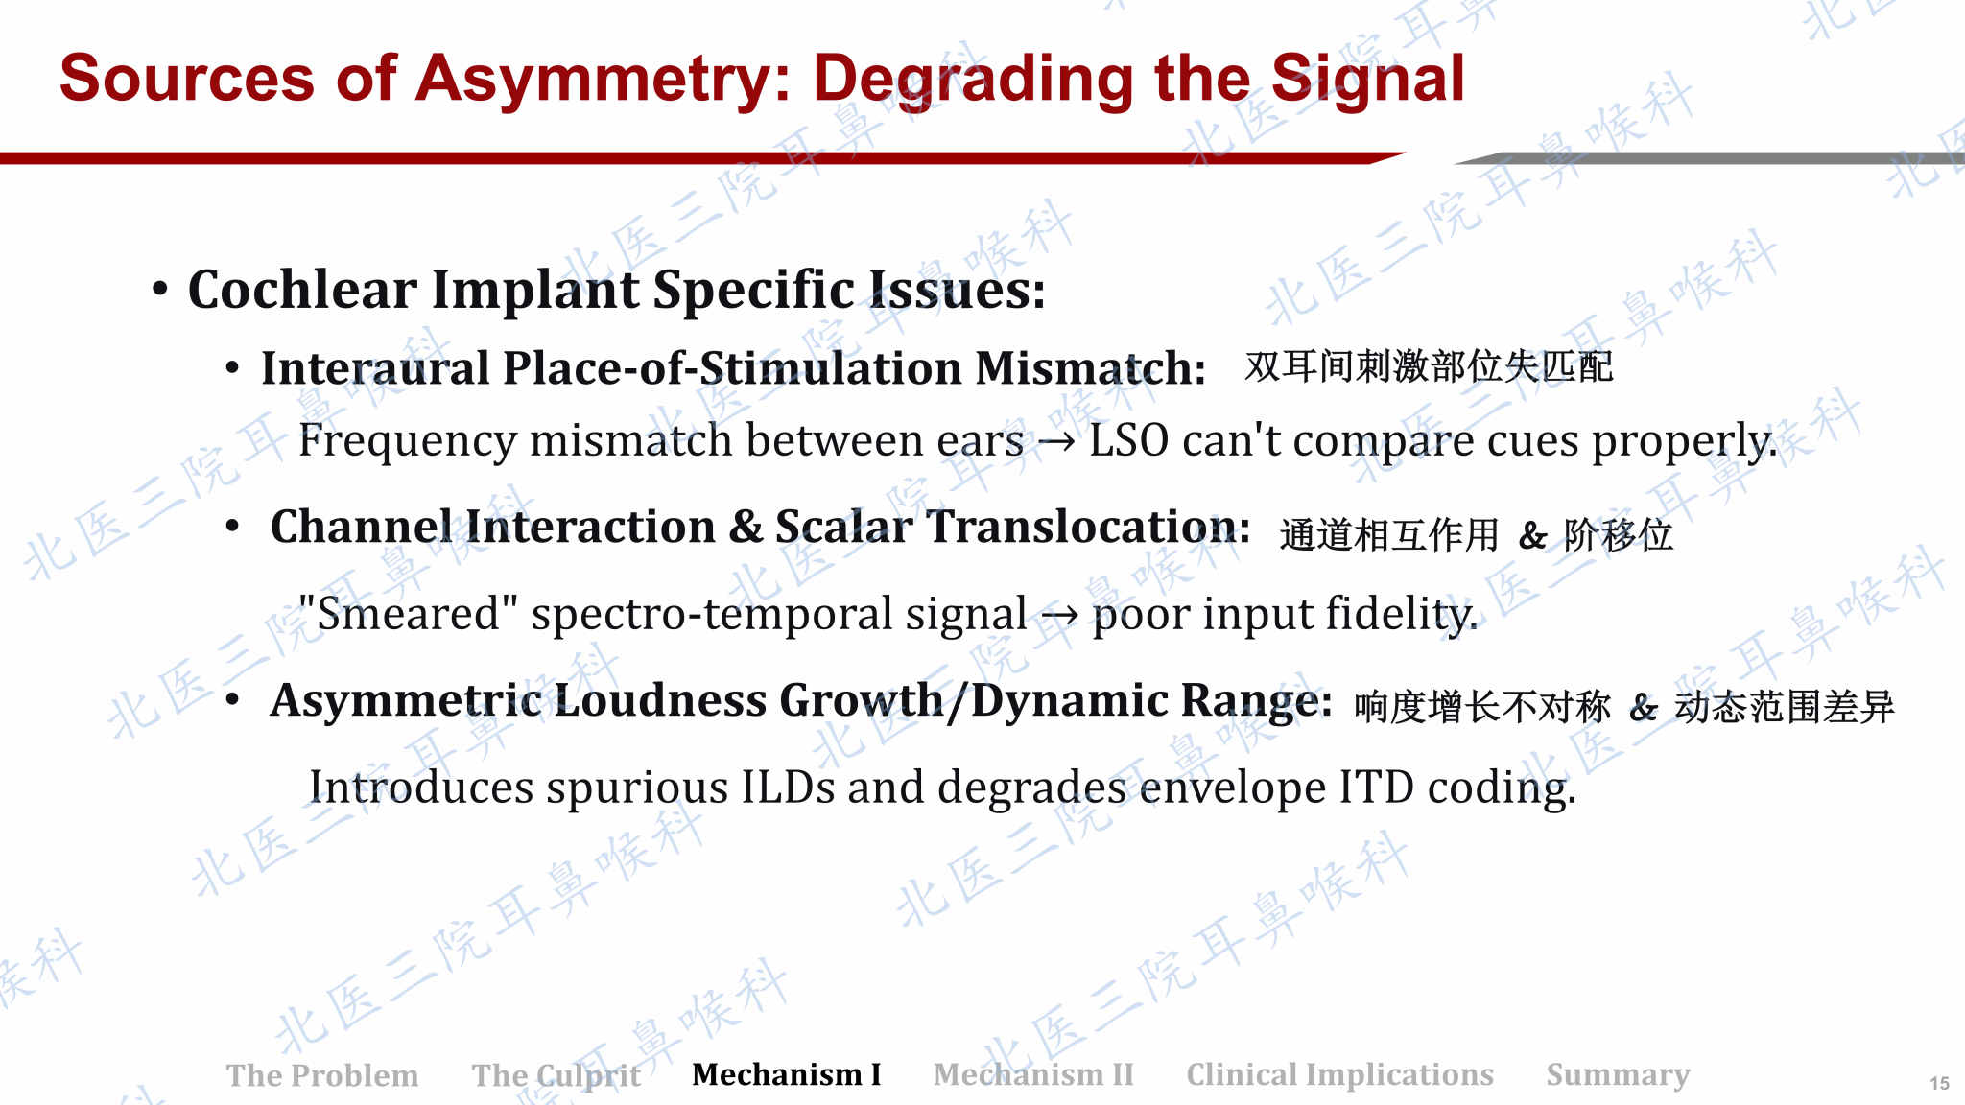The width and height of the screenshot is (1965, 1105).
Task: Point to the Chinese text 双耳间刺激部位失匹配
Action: click(x=1429, y=366)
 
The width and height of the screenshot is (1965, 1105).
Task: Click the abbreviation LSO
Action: click(x=1128, y=440)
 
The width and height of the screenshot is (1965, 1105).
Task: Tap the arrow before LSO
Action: click(x=1056, y=443)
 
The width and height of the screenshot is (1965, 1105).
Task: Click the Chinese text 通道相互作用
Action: click(x=1388, y=535)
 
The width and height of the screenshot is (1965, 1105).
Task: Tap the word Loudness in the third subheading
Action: click(x=661, y=700)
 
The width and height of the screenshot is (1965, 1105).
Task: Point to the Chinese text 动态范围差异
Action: click(x=1785, y=707)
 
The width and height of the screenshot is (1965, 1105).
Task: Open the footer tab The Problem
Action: click(x=322, y=1075)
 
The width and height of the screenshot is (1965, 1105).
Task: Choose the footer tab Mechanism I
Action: click(x=787, y=1074)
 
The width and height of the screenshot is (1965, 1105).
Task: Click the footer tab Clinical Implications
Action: click(x=1340, y=1075)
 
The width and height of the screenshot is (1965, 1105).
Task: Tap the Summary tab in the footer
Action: click(x=1619, y=1075)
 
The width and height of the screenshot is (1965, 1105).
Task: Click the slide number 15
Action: click(x=1939, y=1083)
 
